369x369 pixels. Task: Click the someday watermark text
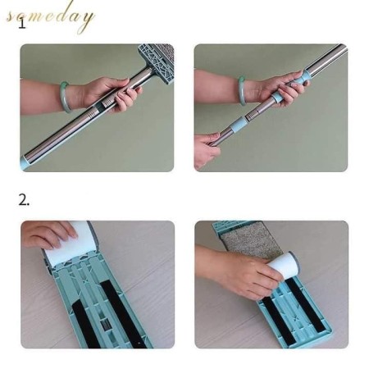click(x=50, y=17)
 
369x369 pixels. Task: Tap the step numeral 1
click(x=22, y=25)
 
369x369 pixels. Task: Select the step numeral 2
click(x=24, y=200)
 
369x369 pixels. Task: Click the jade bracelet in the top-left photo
click(x=66, y=96)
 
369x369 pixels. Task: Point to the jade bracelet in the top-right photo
click(x=241, y=90)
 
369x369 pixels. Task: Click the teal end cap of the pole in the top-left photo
click(x=26, y=162)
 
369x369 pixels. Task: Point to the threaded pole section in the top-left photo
click(x=106, y=103)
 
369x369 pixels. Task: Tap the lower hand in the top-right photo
click(x=206, y=149)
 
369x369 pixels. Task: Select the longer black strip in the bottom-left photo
click(x=122, y=314)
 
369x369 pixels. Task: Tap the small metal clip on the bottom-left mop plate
click(x=106, y=326)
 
